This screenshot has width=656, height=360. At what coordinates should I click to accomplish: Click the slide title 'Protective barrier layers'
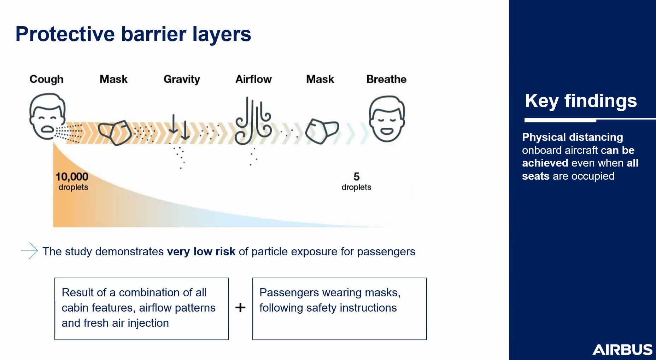pos(133,35)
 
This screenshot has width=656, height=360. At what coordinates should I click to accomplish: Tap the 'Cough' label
pos(47,80)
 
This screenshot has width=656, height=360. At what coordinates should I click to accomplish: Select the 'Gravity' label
pos(182,80)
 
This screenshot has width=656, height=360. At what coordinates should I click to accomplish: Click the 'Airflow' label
pos(253,79)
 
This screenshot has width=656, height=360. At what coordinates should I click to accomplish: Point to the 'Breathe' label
pos(386,79)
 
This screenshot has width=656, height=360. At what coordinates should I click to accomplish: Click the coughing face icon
pos(47,116)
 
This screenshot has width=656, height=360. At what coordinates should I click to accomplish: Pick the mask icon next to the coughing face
pos(115,133)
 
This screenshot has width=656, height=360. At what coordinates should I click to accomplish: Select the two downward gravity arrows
pos(179,127)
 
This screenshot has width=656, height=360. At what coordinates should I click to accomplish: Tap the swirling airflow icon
pos(253,121)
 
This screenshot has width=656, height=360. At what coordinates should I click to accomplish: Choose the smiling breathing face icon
pos(387,118)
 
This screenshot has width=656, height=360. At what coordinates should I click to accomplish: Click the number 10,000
pos(72,177)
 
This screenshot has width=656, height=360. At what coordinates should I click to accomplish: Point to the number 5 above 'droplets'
pos(357,176)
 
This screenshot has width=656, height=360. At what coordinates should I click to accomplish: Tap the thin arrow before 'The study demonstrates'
pos(29,251)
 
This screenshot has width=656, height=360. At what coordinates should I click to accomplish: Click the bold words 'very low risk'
pos(201,251)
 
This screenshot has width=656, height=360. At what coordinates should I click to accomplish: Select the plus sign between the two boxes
pos(240,307)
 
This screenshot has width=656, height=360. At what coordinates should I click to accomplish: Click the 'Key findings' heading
pos(581,101)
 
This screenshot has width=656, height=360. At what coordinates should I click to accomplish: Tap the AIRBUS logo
pos(622,350)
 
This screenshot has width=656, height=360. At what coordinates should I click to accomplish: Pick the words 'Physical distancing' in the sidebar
pos(573,137)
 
